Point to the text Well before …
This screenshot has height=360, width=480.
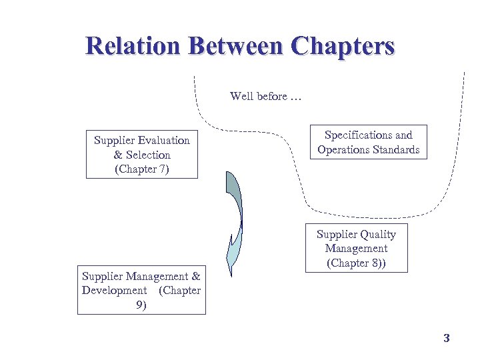coord(265,96)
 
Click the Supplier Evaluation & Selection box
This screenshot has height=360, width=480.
coord(142,154)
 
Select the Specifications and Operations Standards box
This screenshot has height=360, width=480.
coord(369,142)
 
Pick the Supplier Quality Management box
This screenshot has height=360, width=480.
coord(356,248)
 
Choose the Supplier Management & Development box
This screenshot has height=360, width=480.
coord(141,291)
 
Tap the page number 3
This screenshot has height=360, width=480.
coord(447,338)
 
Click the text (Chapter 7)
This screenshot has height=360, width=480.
coord(142,169)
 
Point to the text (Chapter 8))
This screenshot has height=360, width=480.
coord(357,263)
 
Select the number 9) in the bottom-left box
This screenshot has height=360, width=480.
coord(141,305)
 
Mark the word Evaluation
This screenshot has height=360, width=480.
coord(165,140)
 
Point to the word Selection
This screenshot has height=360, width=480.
coord(148,155)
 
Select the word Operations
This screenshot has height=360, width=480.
coord(343,149)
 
